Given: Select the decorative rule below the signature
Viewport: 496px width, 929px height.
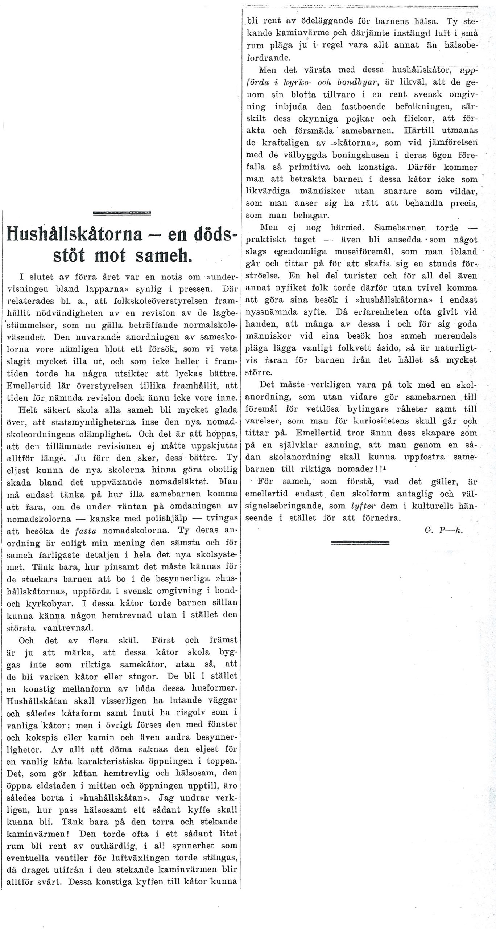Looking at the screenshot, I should pos(360,543).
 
